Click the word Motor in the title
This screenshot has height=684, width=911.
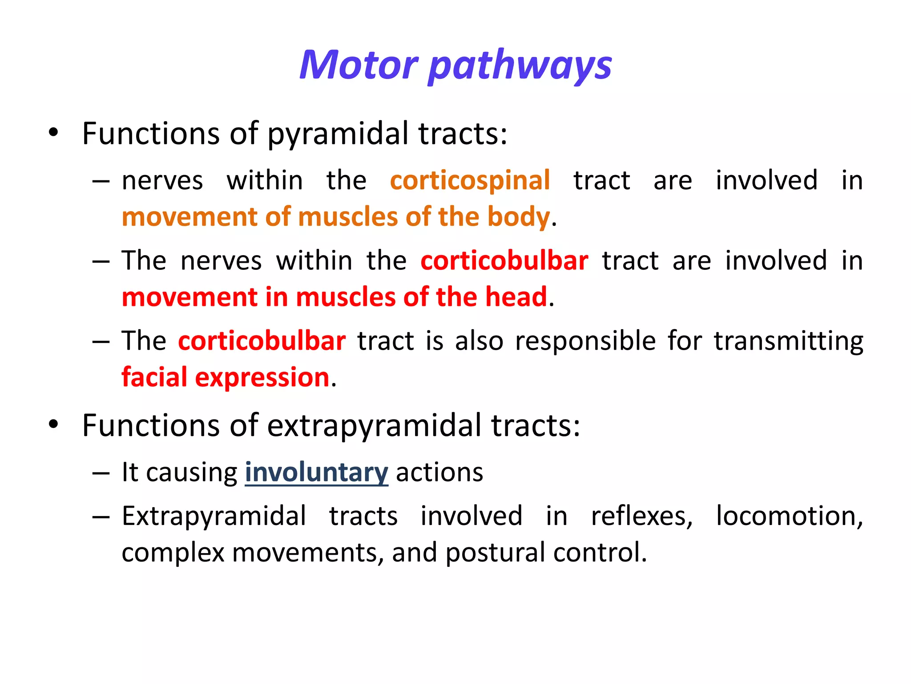coord(359,65)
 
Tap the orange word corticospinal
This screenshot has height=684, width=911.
coord(470,180)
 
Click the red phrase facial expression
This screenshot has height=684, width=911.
coord(226,377)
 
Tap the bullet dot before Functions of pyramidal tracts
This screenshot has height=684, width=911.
coord(53,133)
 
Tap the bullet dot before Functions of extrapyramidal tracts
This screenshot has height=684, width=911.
coord(53,424)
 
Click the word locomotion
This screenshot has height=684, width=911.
coord(789,517)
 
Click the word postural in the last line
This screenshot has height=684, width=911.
coord(495,553)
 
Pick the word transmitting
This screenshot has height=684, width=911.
coord(788,341)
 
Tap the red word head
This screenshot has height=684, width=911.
coord(516,297)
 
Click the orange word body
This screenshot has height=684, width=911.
coord(518,217)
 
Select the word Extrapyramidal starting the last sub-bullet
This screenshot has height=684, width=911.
coord(214,517)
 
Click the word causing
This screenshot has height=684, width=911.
coord(192,473)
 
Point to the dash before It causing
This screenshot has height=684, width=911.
coord(101,473)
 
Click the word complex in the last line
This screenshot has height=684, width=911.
coord(173,553)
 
